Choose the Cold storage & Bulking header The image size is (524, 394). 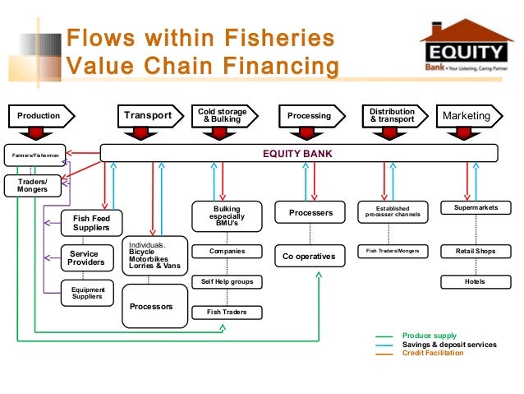[x=223, y=116]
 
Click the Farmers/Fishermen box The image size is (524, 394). [x=33, y=154]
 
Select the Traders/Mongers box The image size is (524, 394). [x=33, y=185]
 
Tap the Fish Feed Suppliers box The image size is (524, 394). [x=91, y=222]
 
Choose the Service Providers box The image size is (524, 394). [x=86, y=258]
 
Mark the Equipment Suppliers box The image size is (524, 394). [x=87, y=292]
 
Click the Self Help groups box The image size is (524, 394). [x=227, y=282]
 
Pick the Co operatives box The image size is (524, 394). [x=309, y=257]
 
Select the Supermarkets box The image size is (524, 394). [x=476, y=209]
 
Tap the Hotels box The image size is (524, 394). [x=476, y=281]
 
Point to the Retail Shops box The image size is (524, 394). [x=476, y=250]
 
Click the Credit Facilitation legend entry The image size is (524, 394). [x=432, y=353]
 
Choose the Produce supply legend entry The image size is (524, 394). [x=429, y=336]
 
